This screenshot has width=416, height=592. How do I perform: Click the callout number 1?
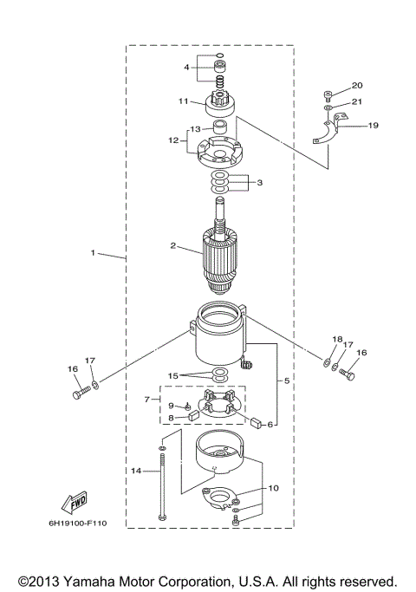point(92,253)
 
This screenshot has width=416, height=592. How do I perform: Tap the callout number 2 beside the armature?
point(173,246)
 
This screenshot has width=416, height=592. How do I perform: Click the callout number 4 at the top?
point(185,67)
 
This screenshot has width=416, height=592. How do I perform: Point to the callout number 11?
point(183,101)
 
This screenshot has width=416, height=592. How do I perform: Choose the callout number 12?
point(173,140)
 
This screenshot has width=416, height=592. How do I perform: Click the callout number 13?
point(195,129)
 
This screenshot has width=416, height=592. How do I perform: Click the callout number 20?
point(356,87)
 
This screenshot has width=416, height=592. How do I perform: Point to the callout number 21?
point(356,101)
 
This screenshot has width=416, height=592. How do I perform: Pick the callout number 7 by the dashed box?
point(148,400)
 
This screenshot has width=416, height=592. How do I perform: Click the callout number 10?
point(273,488)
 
